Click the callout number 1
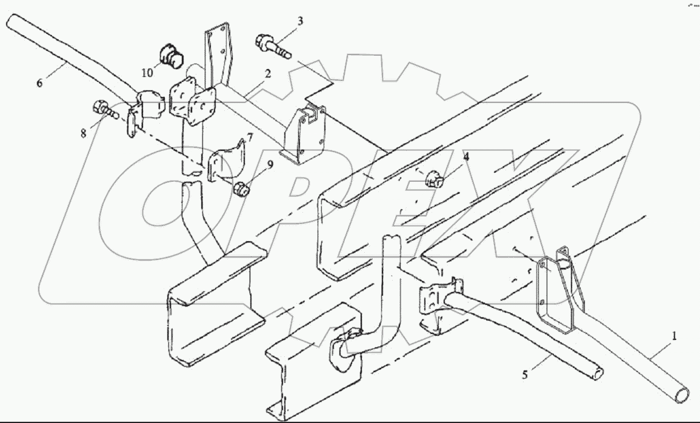tap(674, 335)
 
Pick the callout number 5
tap(525, 375)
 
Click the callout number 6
tap(39, 83)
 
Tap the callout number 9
tap(271, 164)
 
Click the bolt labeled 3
tap(272, 46)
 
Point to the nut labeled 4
tap(434, 179)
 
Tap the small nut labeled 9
tap(242, 189)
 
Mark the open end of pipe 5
tap(598, 375)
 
